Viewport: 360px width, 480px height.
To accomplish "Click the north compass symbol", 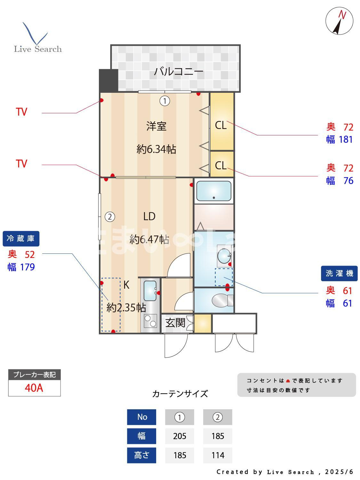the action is (339, 21).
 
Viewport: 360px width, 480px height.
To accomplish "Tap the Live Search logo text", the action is (38, 49).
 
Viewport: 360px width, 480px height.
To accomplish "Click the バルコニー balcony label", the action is (179, 71).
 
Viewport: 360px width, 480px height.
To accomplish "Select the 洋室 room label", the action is (156, 126).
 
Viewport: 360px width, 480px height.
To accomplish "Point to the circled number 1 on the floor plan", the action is (165, 101).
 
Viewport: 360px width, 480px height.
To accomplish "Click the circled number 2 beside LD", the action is (110, 217).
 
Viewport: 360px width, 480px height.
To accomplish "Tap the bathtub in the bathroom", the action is (214, 191).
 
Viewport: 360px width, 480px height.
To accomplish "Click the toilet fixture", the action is (222, 300).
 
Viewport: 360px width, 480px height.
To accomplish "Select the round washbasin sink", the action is (224, 255).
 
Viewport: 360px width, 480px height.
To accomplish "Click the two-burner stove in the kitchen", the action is (150, 321).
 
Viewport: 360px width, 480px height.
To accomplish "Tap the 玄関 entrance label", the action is (175, 323).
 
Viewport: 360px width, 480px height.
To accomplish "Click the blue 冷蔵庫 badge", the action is (21, 239).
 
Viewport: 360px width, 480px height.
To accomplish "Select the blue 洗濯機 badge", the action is (339, 273).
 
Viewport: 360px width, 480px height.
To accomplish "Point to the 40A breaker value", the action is (34, 388).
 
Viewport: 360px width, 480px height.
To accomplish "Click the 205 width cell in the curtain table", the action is (180, 436).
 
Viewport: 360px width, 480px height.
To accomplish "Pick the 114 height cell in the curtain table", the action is (218, 455).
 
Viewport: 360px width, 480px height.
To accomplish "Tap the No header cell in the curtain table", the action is (142, 417).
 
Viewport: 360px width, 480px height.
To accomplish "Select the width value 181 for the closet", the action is (346, 140).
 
